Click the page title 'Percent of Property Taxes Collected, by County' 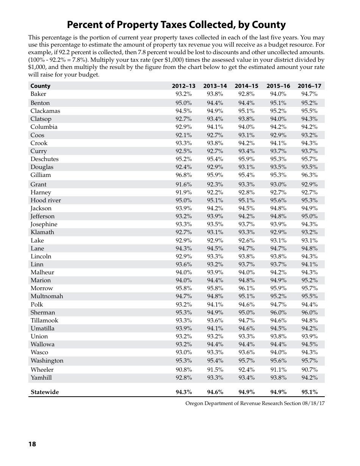[176, 25]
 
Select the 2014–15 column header [246, 86]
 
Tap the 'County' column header [40, 86]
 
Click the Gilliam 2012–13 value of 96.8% [183, 175]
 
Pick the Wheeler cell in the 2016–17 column [309, 370]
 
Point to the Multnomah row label [47, 296]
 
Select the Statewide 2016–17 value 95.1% [309, 392]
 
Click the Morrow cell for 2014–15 [246, 288]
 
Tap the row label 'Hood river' [45, 200]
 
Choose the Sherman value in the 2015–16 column [278, 313]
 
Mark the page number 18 [32, 444]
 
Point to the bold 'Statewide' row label [45, 392]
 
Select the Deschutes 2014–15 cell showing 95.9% [246, 159]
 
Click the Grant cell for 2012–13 [183, 185]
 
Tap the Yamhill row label [41, 378]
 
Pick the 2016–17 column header [309, 86]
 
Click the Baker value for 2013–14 [215, 94]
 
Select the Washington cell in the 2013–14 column [215, 361]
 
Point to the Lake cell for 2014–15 [246, 241]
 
